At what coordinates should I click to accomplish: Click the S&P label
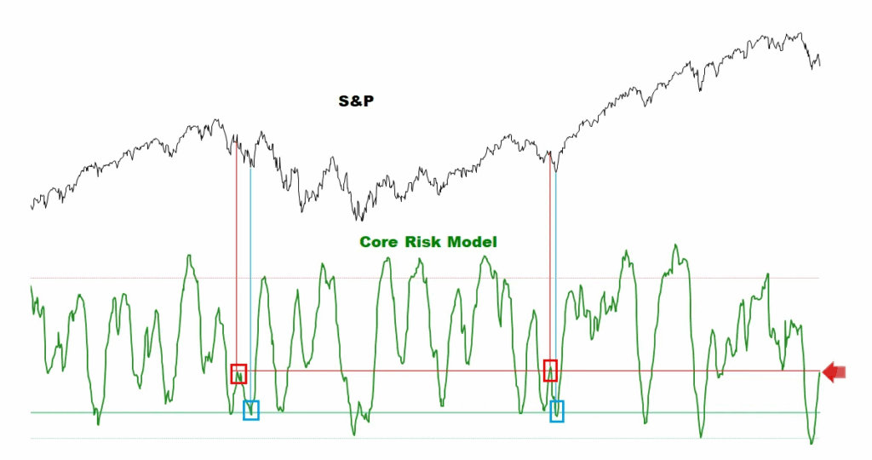pyautogui.click(x=357, y=101)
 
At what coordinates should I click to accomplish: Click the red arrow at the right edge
pyautogui.click(x=834, y=371)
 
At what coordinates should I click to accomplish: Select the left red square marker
pyautogui.click(x=238, y=373)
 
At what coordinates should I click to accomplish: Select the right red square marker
pyautogui.click(x=551, y=371)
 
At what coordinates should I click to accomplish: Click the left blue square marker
pyautogui.click(x=250, y=410)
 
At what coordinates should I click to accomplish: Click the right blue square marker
pyautogui.click(x=556, y=411)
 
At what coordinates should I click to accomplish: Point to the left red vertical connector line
pyautogui.click(x=236, y=256)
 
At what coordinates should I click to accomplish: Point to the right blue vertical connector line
pyautogui.click(x=556, y=281)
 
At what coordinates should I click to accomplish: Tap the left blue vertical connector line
pyautogui.click(x=250, y=281)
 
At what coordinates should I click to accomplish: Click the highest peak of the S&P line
pyautogui.click(x=801, y=34)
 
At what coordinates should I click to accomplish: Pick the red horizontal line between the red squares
pyautogui.click(x=392, y=371)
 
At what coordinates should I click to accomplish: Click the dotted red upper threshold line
pyautogui.click(x=426, y=278)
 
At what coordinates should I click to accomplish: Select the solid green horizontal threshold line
pyautogui.click(x=426, y=412)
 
